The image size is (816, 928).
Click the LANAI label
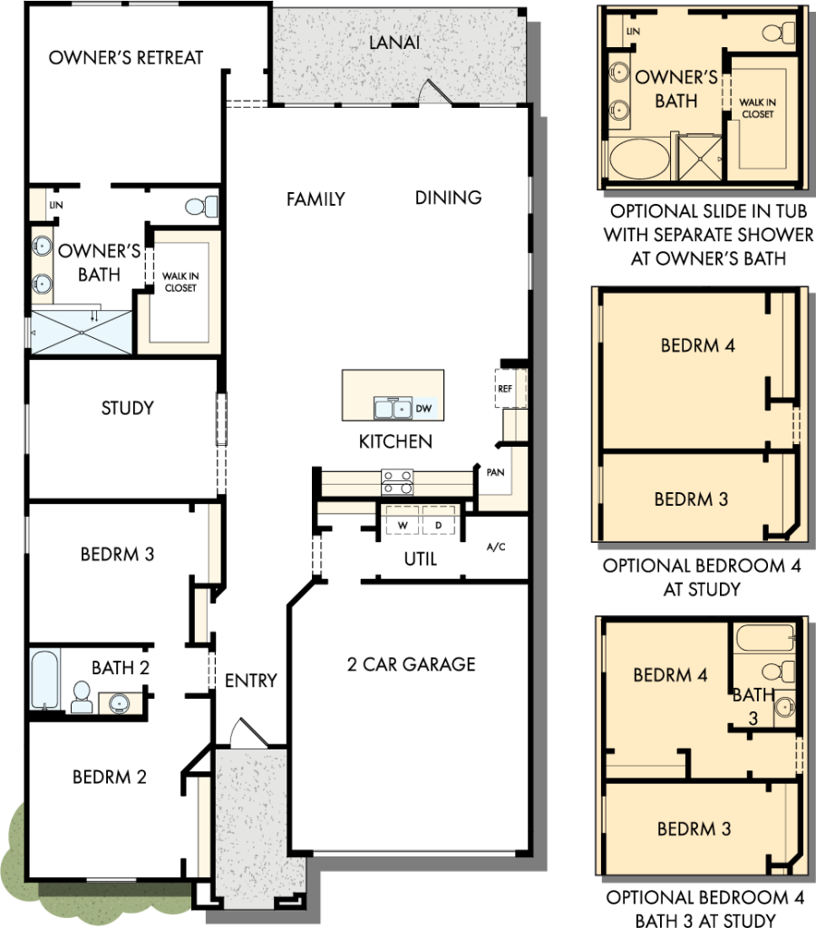click(x=400, y=43)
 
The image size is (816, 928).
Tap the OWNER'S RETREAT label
click(x=126, y=57)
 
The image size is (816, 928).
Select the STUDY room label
click(x=127, y=408)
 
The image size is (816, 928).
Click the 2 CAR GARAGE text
click(x=411, y=664)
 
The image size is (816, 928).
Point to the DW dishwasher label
click(x=423, y=410)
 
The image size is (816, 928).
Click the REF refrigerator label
click(x=505, y=389)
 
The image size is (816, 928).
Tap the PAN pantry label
click(x=496, y=472)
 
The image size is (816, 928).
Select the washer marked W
click(x=401, y=524)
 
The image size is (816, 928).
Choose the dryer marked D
click(x=439, y=524)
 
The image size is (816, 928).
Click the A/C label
click(x=497, y=547)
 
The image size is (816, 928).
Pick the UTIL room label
click(x=421, y=559)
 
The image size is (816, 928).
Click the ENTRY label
click(x=250, y=681)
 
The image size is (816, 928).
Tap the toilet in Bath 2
click(x=82, y=696)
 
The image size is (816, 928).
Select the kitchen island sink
click(x=393, y=410)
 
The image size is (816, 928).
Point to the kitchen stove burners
click(x=397, y=481)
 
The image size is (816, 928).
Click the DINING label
click(x=449, y=198)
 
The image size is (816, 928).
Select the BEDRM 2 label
click(x=110, y=777)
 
